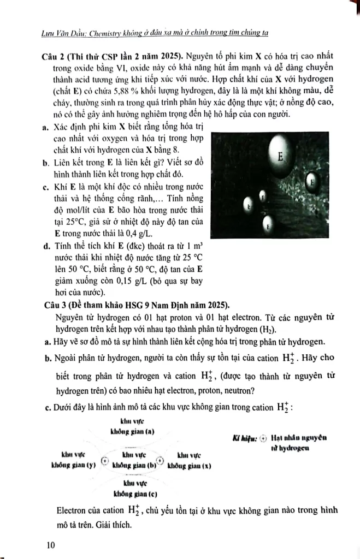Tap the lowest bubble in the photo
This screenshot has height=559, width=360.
tap(268, 224)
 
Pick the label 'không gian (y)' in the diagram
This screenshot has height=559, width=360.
tap(74, 465)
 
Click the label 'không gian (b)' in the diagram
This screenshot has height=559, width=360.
tap(134, 465)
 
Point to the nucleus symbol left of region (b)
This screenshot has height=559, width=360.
tap(104, 460)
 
